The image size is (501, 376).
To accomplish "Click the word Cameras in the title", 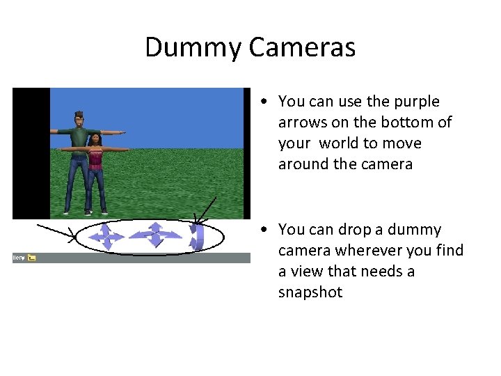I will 301,47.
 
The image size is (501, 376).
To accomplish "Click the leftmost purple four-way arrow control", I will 105,235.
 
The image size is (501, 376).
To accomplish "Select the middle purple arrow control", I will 156,235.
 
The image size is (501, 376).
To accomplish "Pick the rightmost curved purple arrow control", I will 197,235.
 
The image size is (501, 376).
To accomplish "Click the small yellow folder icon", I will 31,258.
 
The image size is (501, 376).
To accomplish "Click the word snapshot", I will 310,292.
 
